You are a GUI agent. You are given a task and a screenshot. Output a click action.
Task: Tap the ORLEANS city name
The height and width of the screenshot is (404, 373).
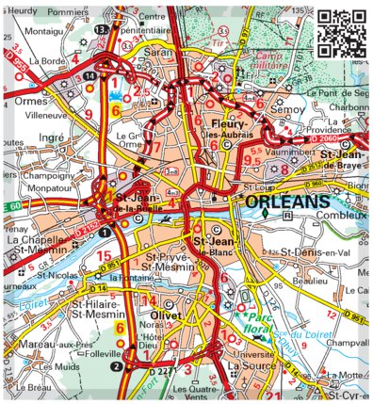pyautogui.click(x=284, y=202)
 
